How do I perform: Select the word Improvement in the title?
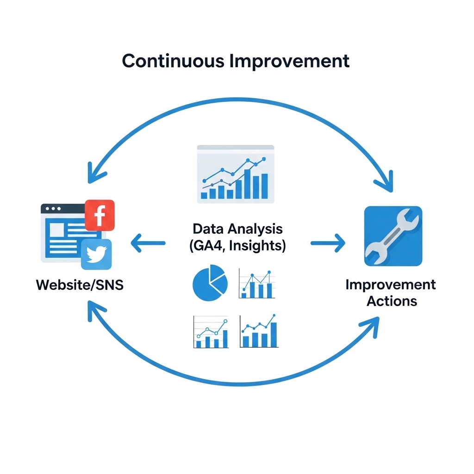tap(289, 61)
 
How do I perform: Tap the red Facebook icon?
tap(100, 215)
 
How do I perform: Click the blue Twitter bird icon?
tap(96, 254)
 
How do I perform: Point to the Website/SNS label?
tap(80, 285)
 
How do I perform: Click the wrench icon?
tap(393, 236)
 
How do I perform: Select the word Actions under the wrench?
tap(392, 301)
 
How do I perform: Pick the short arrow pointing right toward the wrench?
tap(328, 243)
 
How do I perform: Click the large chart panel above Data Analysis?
tap(235, 174)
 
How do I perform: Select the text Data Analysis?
tap(237, 229)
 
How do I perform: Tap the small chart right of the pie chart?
tap(257, 283)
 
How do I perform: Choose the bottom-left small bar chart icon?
tap(210, 332)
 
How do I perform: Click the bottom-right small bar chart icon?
tap(259, 331)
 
